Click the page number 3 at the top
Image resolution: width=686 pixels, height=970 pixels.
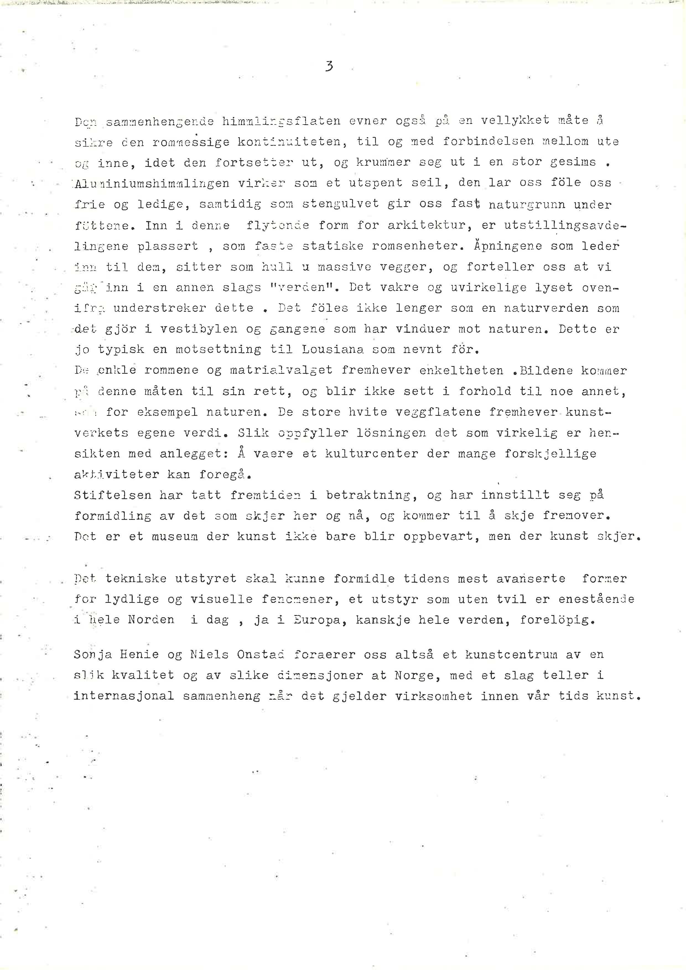329,66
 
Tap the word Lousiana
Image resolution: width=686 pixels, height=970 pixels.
330,349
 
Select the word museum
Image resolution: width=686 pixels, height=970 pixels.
174,536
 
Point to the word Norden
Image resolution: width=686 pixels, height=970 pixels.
151,620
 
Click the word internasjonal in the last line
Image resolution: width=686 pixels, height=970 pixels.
124,696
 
